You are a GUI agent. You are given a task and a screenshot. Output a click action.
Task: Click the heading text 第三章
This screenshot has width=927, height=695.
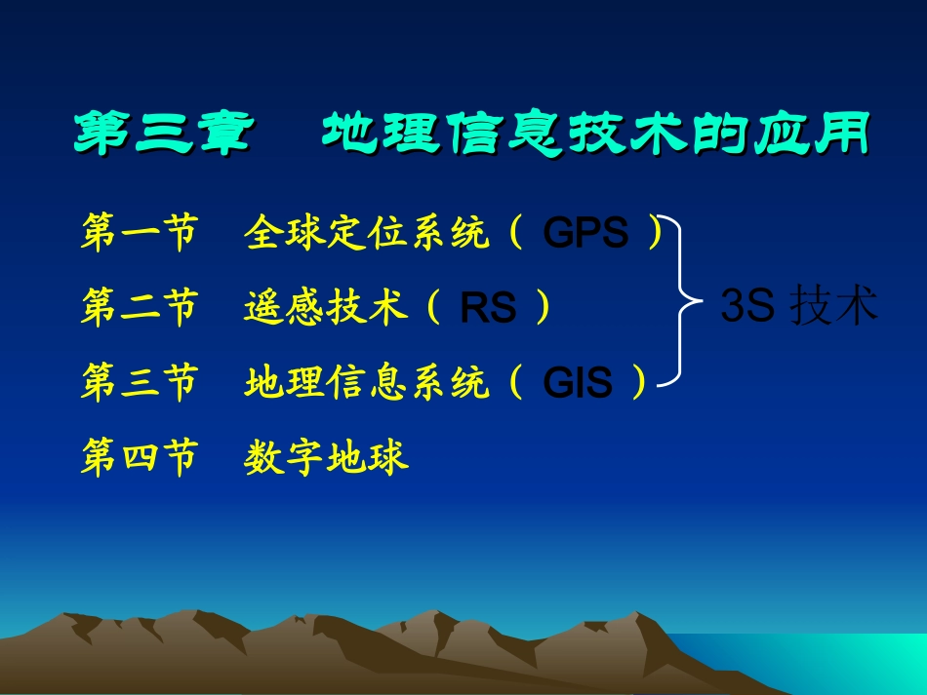(162, 135)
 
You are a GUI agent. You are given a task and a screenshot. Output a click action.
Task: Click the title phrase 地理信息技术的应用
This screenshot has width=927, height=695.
(594, 135)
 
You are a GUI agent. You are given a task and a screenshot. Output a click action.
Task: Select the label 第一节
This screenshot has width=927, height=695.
(140, 234)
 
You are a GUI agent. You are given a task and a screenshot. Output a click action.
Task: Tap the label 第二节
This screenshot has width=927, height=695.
(140, 308)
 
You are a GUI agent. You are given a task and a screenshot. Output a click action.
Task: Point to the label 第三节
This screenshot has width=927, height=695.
(140, 382)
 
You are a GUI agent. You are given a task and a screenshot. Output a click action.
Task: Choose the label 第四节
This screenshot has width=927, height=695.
(140, 456)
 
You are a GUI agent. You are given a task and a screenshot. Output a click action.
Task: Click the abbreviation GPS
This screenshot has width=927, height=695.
(585, 235)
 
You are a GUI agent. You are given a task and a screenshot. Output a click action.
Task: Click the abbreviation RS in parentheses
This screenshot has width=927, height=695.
(488, 309)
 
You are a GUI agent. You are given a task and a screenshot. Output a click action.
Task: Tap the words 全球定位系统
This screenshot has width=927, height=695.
(367, 234)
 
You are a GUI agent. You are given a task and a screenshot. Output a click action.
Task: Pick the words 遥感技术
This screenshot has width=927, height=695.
(326, 308)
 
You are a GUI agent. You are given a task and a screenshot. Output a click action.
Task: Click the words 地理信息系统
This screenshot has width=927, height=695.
(367, 382)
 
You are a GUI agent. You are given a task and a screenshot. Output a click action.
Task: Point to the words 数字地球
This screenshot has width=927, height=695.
(326, 456)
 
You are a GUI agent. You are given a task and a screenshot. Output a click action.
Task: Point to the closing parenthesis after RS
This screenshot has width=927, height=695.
(543, 308)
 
